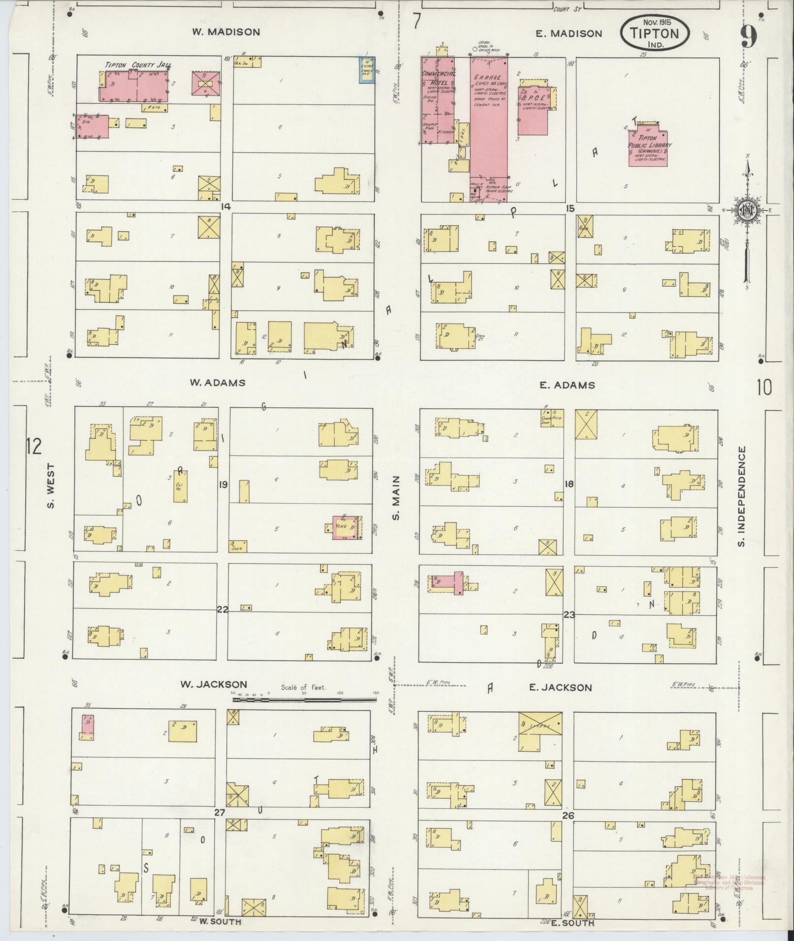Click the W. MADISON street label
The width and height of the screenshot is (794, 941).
click(226, 32)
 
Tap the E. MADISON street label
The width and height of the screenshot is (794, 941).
click(569, 33)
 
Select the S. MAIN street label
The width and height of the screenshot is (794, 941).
click(396, 497)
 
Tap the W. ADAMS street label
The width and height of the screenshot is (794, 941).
click(218, 382)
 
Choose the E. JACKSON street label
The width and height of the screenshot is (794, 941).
click(560, 688)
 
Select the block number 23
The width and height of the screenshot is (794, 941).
click(569, 614)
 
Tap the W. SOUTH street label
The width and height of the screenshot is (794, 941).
click(220, 921)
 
